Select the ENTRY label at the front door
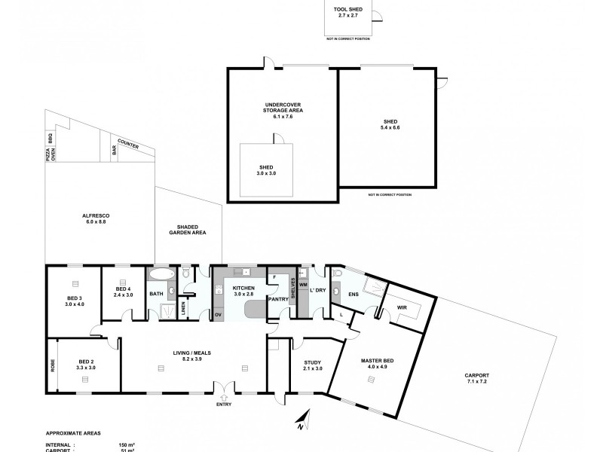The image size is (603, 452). pyautogui.click(x=223, y=405)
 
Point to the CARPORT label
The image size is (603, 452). pyautogui.click(x=477, y=374)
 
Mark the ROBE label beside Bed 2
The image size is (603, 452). pyautogui.click(x=52, y=365)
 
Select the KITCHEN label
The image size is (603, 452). pyautogui.click(x=244, y=289)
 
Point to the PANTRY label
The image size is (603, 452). pyautogui.click(x=278, y=298)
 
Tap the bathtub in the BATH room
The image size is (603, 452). pyautogui.click(x=160, y=274)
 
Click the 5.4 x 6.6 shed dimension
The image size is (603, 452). pyautogui.click(x=390, y=127)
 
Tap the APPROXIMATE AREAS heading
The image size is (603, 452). pyautogui.click(x=74, y=434)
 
